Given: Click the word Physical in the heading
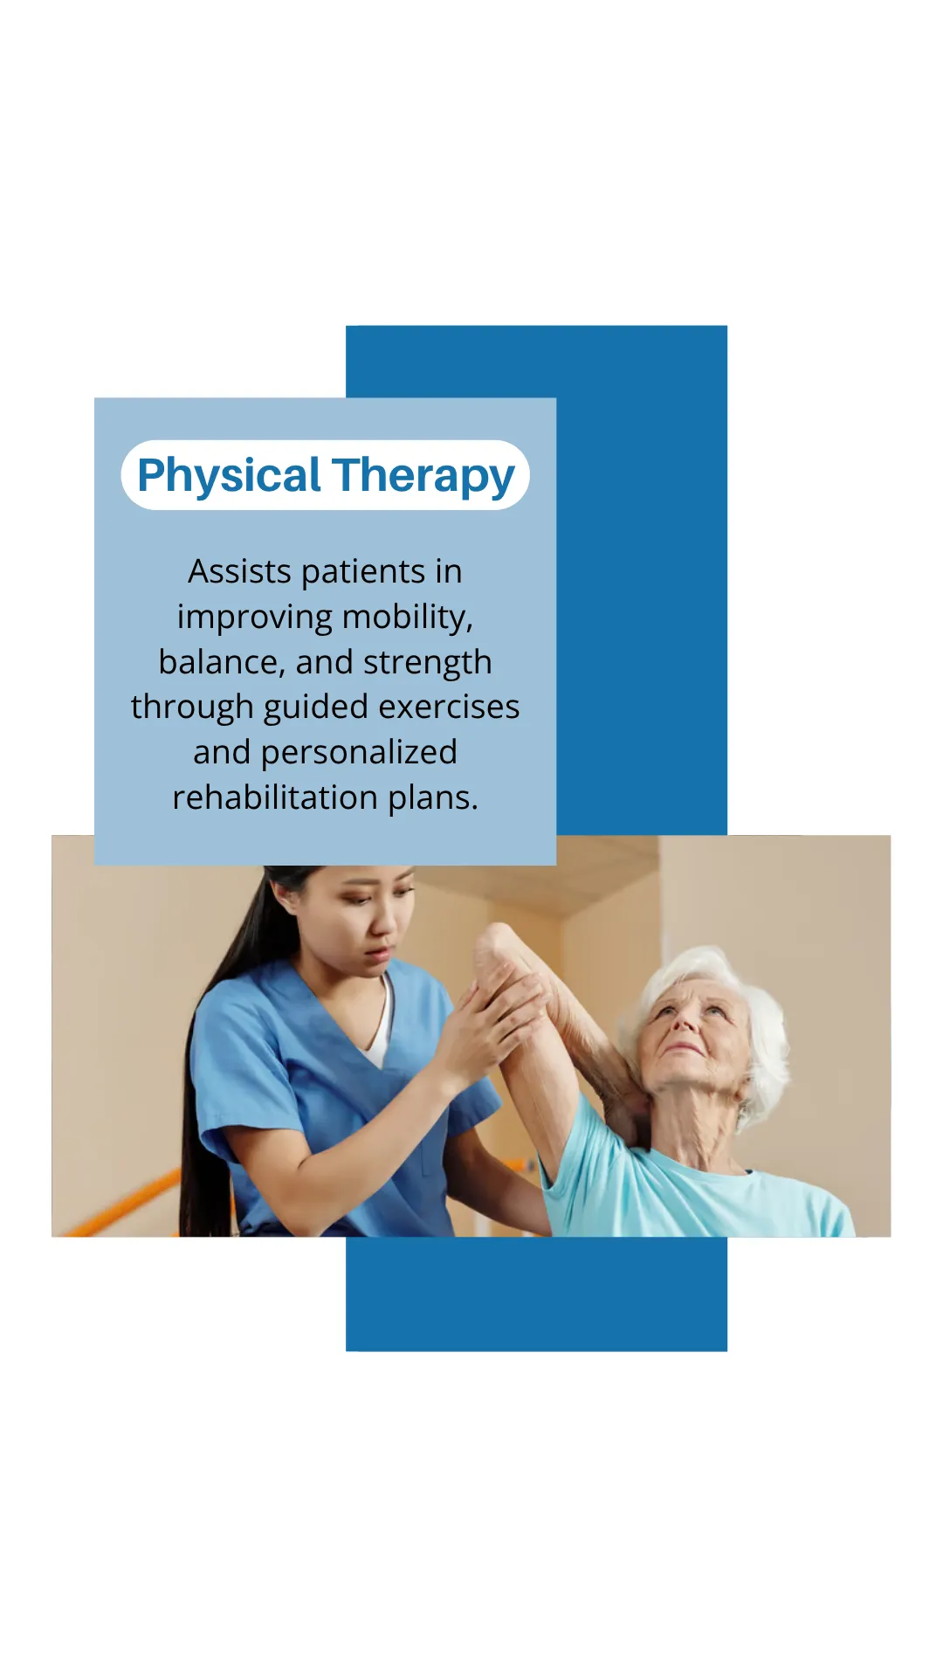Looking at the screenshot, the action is click(229, 476).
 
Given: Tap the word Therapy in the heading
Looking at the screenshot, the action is click(423, 476).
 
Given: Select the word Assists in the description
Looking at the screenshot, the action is click(239, 571).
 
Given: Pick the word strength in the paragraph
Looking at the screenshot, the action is click(428, 663).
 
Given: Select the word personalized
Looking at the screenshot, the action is click(359, 753).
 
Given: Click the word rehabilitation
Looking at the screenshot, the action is click(275, 797).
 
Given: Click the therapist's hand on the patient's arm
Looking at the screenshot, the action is click(489, 1022).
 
